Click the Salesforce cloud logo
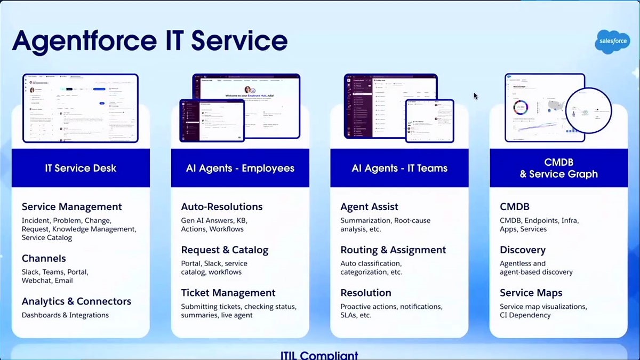[x=612, y=42]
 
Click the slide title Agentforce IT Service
[x=150, y=41]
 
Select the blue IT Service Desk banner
[x=81, y=168]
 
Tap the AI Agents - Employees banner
[x=240, y=168]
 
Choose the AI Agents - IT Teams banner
[x=399, y=168]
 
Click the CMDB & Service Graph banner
[x=558, y=168]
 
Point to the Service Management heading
[x=71, y=207]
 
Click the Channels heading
[x=44, y=259]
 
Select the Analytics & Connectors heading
[x=76, y=301]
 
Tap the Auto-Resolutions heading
[x=221, y=207]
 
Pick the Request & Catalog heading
[x=225, y=250]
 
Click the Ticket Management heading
[x=228, y=293]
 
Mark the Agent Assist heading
[x=369, y=207]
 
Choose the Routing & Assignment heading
[x=393, y=250]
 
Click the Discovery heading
[x=522, y=250]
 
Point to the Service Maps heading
[x=531, y=293]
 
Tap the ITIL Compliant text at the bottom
[x=319, y=355]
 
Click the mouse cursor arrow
[x=475, y=95]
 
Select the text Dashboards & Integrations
[x=65, y=315]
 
